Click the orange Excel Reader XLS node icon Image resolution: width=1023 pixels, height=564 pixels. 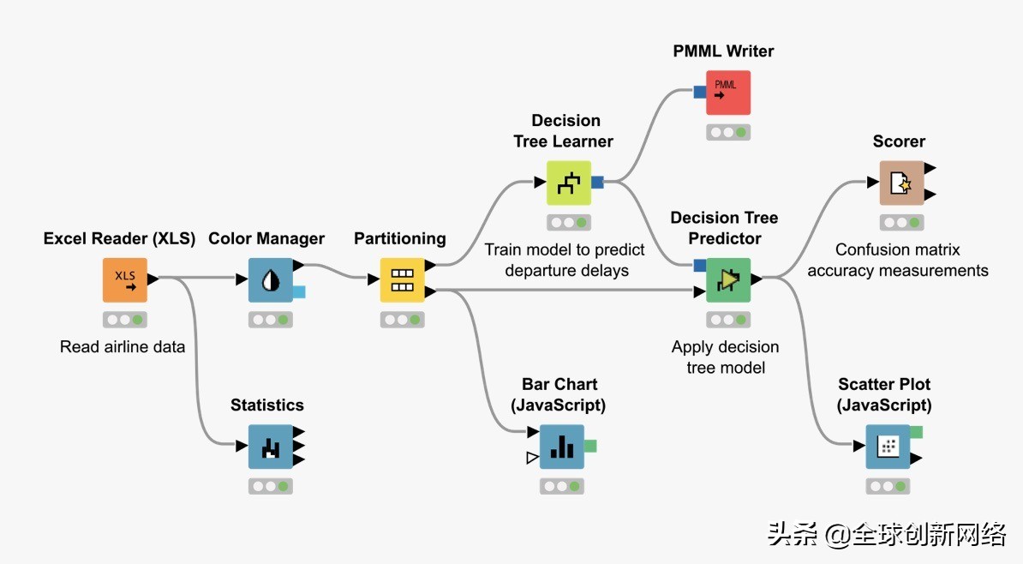click(125, 279)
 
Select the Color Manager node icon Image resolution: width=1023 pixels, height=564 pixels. click(271, 279)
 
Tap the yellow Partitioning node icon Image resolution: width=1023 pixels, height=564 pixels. click(402, 279)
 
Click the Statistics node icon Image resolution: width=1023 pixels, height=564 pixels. click(271, 447)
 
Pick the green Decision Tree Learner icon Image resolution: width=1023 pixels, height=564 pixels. click(569, 182)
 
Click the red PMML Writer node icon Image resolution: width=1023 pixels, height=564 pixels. click(728, 93)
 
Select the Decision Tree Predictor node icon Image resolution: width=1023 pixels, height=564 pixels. click(728, 279)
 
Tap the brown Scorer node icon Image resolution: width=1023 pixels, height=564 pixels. click(901, 183)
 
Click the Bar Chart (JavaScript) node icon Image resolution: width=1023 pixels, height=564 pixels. click(562, 447)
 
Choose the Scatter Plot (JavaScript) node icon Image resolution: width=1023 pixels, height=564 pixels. click(888, 447)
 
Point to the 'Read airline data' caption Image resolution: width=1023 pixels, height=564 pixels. click(123, 347)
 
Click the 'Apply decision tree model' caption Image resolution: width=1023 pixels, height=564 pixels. click(726, 357)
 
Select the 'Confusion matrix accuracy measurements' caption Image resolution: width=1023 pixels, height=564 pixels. click(898, 261)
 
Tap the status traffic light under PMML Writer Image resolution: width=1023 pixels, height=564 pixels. click(728, 133)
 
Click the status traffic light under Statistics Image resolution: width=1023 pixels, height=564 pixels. click(271, 486)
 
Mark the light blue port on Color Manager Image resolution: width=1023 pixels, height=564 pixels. click(299, 292)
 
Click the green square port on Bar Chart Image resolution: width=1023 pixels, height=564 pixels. click(590, 446)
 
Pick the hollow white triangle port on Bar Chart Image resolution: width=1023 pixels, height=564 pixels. click(532, 459)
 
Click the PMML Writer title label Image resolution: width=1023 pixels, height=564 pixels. click(723, 51)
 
